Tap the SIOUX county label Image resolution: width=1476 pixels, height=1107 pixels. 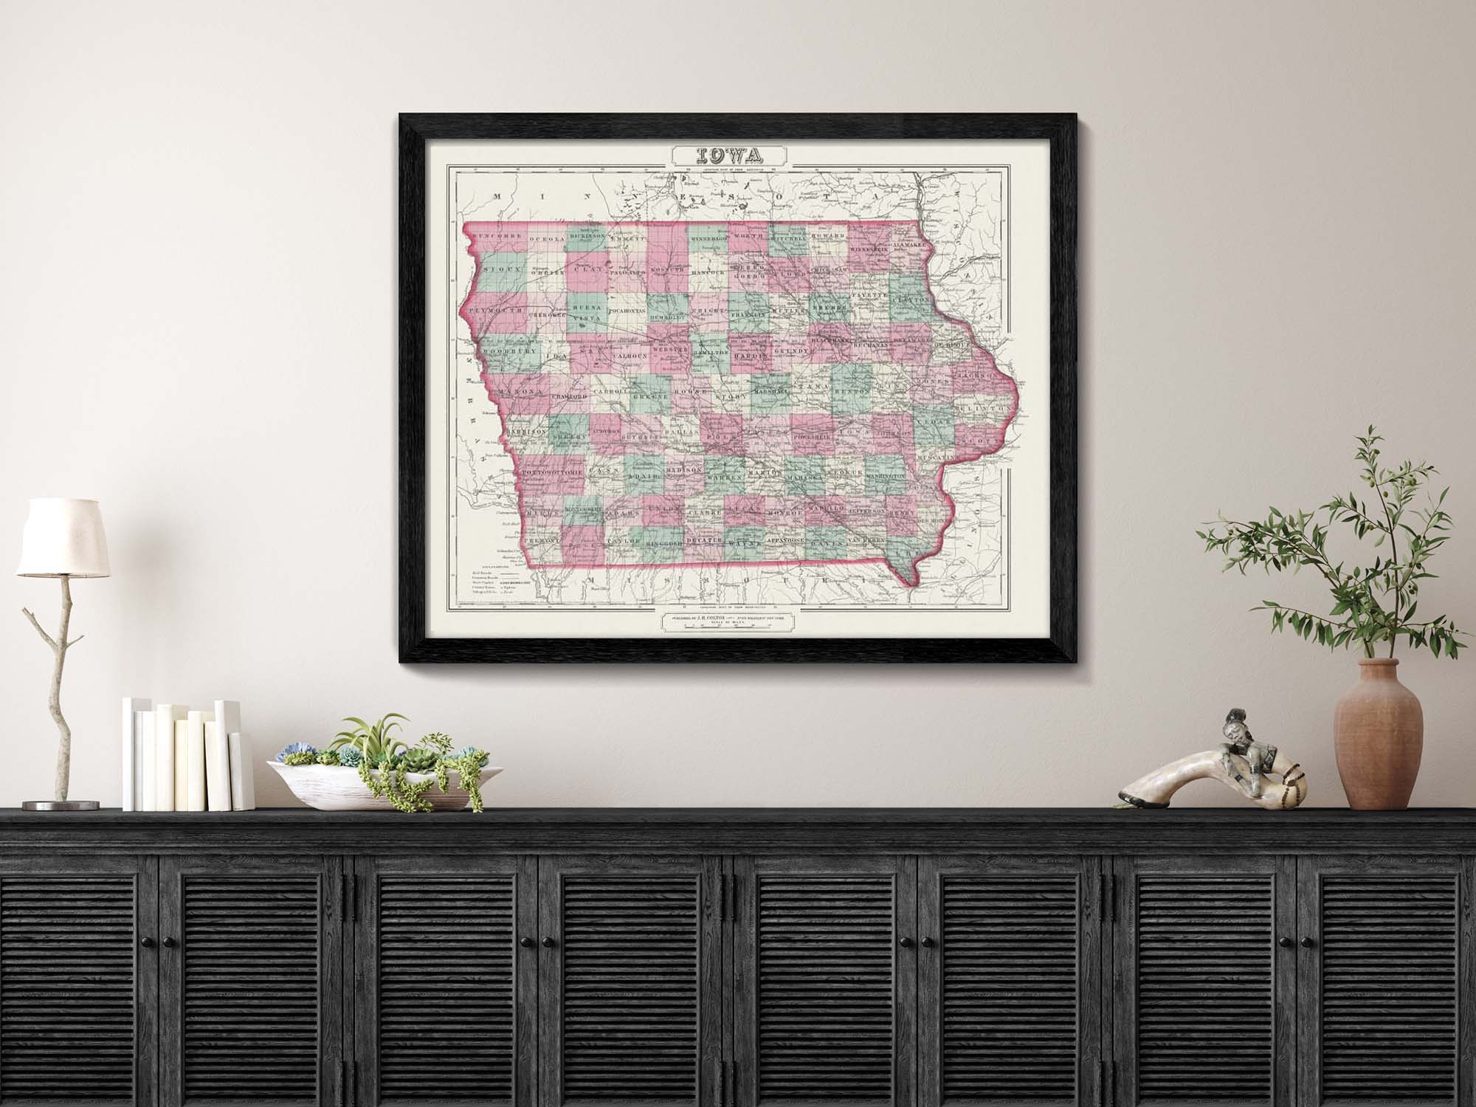504,271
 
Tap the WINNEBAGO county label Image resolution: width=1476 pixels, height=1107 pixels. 709,238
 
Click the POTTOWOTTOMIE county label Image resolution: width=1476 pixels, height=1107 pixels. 554,469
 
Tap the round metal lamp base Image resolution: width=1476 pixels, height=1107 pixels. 54,804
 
